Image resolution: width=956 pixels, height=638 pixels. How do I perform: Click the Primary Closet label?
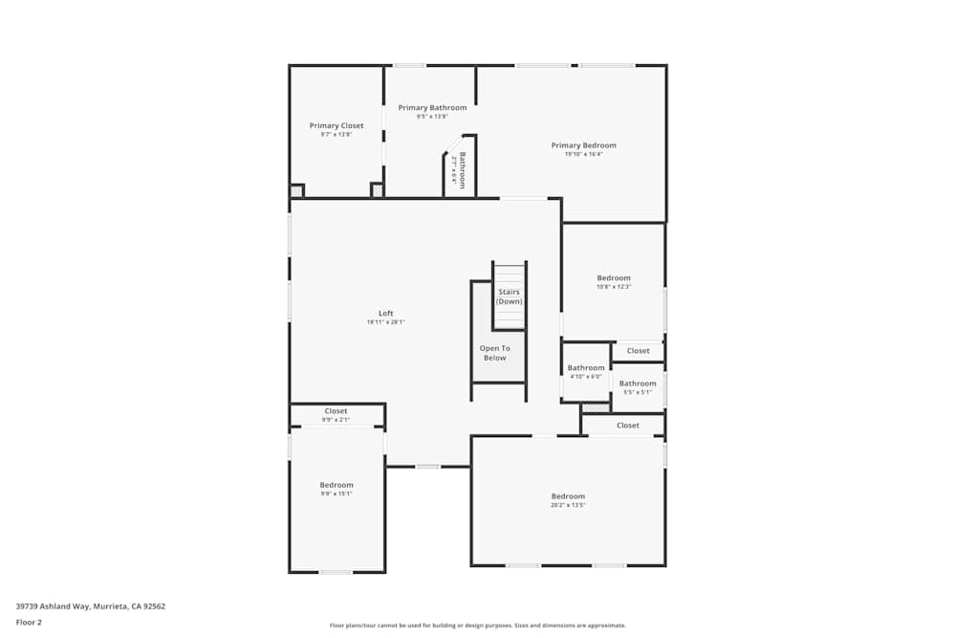pos(337,125)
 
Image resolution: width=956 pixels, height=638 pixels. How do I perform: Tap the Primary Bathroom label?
pos(432,107)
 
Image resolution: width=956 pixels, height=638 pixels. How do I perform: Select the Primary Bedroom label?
pos(583,145)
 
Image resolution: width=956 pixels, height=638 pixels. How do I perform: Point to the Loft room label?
pos(385,313)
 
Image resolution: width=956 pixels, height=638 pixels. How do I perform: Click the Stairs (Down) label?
pos(509,297)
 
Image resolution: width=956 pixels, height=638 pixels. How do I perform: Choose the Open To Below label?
pos(494,353)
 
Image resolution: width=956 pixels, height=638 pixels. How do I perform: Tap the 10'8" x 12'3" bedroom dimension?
pos(614,287)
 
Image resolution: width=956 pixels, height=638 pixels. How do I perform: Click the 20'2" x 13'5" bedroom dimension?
pos(568,505)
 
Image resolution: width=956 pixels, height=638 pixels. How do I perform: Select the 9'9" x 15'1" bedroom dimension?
pos(337,494)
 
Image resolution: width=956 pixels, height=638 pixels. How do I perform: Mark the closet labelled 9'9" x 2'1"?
pos(337,419)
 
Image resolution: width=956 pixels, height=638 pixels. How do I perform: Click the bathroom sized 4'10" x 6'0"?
pos(586,376)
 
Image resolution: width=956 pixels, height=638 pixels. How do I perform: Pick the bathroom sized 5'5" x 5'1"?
pos(638,391)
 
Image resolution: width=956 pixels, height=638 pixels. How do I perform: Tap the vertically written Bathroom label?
pos(462,169)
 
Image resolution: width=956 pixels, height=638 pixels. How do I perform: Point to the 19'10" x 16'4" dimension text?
pos(583,154)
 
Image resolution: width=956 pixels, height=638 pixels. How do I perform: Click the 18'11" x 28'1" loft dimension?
pos(385,322)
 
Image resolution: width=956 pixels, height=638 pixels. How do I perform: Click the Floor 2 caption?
pos(29,622)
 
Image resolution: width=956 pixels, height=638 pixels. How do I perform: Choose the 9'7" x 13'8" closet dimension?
pos(337,135)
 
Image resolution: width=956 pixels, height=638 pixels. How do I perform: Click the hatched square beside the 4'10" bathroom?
pos(595,408)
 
